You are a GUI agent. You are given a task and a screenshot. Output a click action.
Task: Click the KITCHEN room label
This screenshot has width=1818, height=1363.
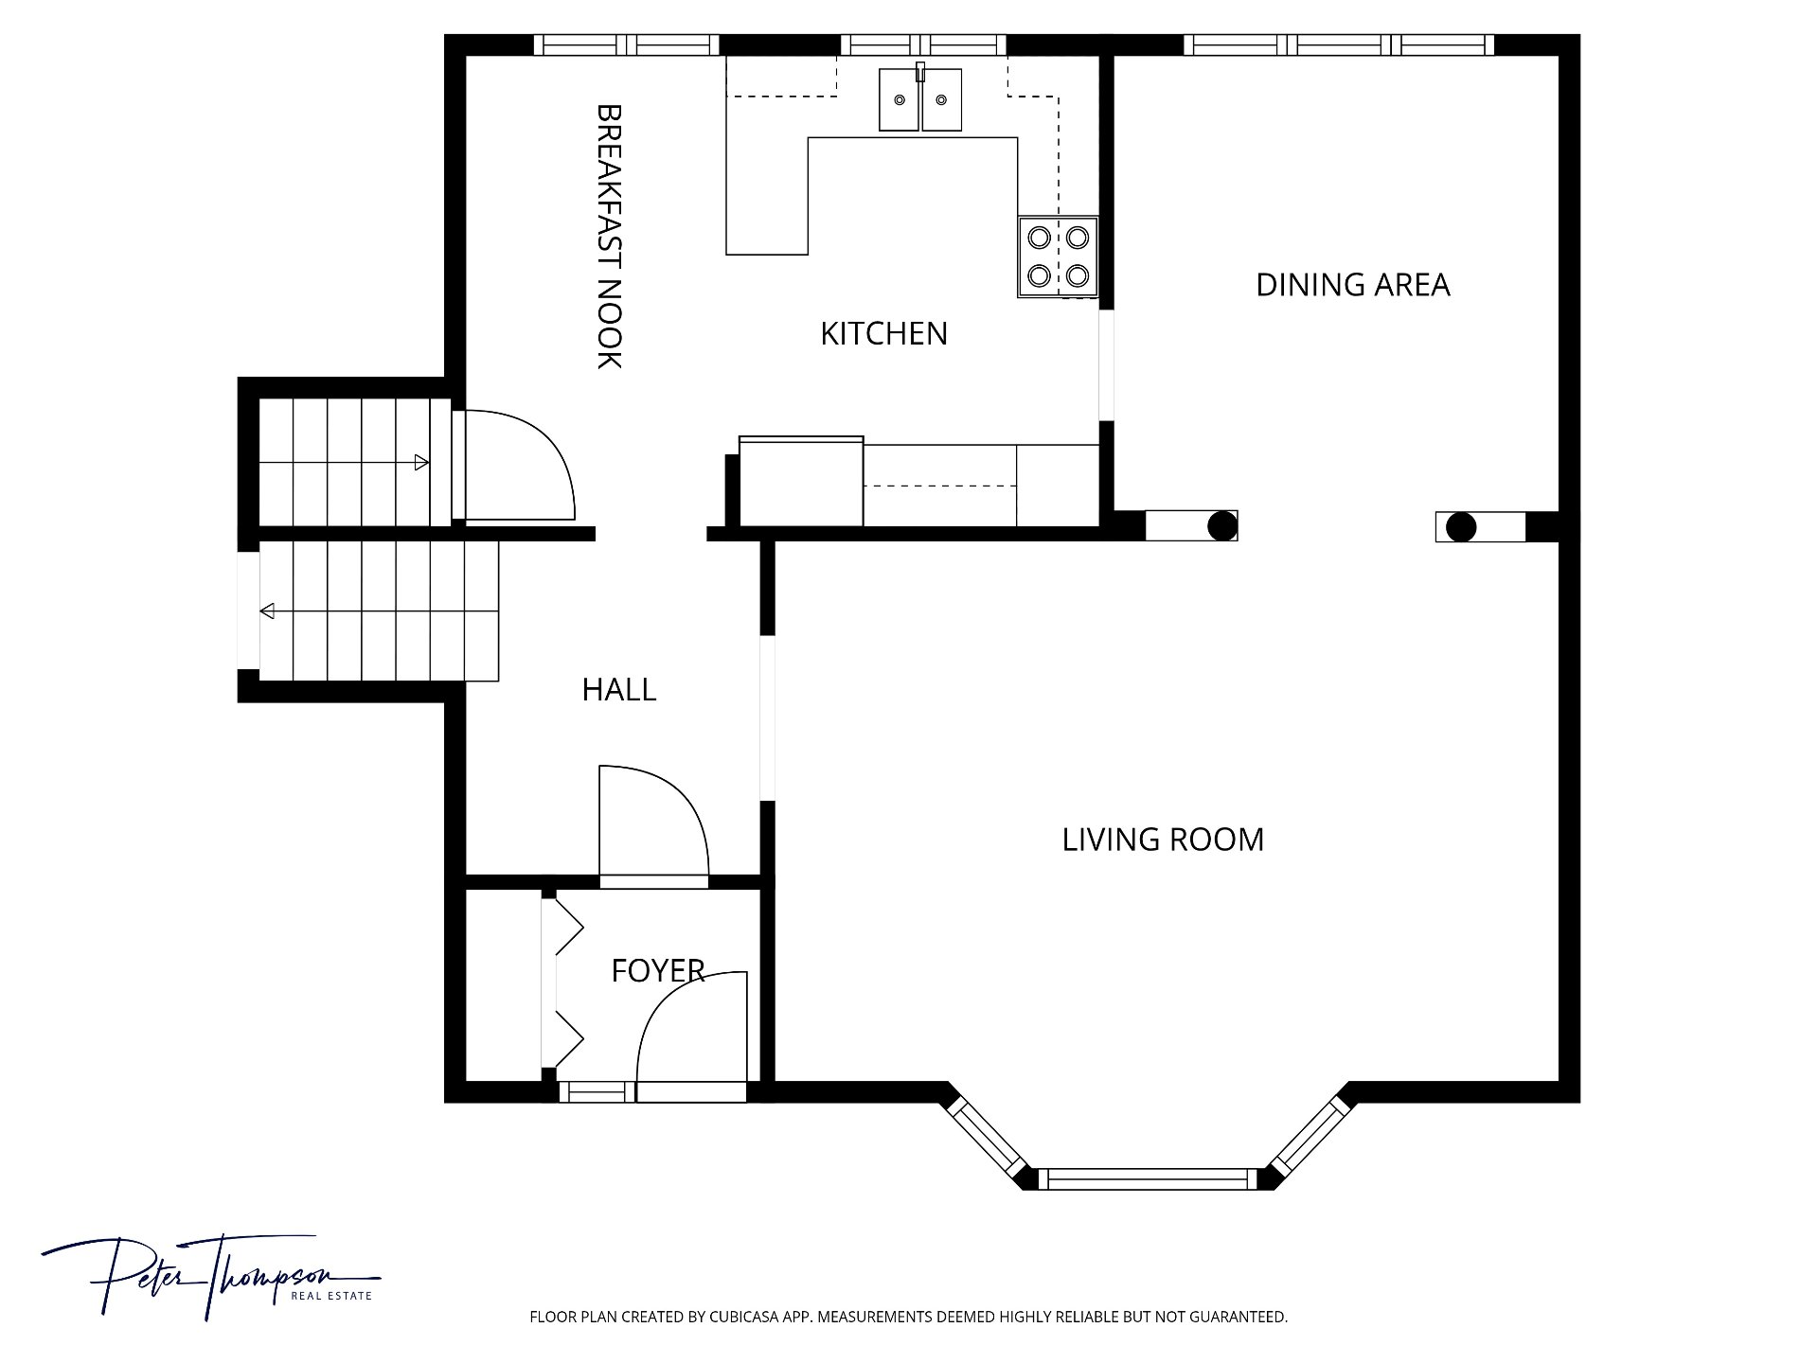click(883, 333)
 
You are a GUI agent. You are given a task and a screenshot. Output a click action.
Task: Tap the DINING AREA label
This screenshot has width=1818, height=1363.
click(1352, 285)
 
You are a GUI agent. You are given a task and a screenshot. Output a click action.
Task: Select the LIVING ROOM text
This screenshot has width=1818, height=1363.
click(1163, 840)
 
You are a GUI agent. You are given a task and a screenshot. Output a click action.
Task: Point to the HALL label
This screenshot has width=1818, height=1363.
click(619, 690)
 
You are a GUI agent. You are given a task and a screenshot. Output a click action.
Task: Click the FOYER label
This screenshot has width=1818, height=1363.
click(658, 971)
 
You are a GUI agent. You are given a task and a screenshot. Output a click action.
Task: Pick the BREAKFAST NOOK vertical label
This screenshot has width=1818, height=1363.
click(609, 236)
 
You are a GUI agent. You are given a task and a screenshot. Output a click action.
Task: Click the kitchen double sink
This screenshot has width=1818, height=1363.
click(920, 98)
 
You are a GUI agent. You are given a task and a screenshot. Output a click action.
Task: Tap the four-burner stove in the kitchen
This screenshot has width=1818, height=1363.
click(1058, 257)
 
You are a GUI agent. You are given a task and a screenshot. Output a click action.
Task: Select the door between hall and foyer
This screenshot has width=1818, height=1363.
click(654, 825)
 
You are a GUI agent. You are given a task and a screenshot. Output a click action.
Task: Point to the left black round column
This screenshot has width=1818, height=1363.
click(1222, 525)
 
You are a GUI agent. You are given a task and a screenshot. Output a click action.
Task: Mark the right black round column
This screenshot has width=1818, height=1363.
click(1461, 526)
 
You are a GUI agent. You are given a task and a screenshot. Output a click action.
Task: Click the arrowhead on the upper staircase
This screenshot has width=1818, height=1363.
click(421, 463)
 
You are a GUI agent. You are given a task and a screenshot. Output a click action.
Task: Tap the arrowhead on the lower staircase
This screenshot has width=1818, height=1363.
click(267, 611)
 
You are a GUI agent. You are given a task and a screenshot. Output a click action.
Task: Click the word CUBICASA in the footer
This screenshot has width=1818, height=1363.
click(746, 1317)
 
